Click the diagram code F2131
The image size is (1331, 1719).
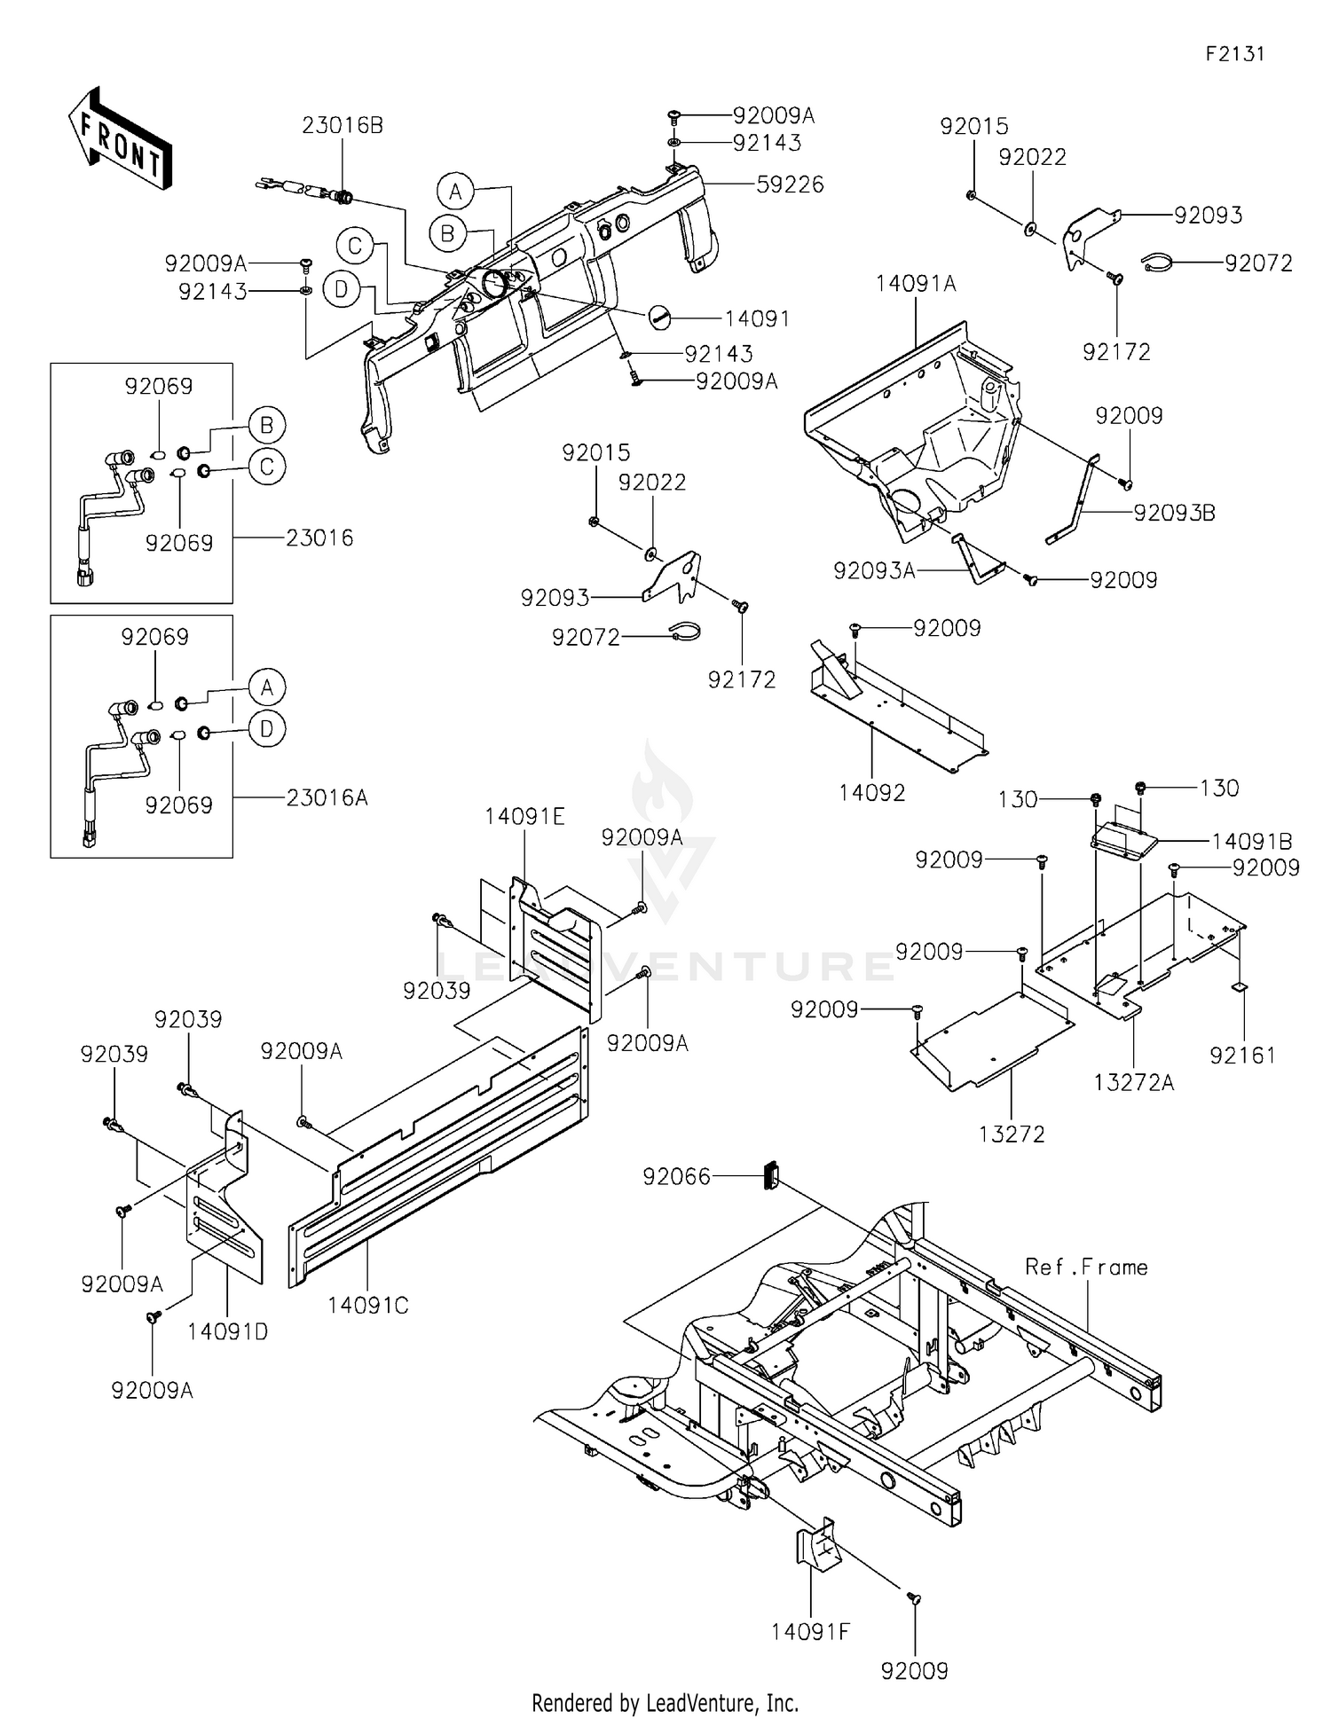coord(1234,54)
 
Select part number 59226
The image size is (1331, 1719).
coord(790,184)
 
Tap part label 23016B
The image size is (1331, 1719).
coord(342,126)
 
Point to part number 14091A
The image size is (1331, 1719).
coord(915,284)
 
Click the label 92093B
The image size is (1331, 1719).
coord(1173,513)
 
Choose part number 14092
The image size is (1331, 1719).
coord(871,792)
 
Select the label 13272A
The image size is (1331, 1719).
coord(1133,1082)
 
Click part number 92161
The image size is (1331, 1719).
coord(1242,1055)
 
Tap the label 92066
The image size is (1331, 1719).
coord(676,1176)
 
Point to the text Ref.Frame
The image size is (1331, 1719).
coord(1086,1268)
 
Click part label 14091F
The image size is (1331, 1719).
coord(810,1631)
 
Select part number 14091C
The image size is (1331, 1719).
coord(367,1306)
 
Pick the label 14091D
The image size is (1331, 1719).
coord(227,1331)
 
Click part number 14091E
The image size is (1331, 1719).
coord(524,816)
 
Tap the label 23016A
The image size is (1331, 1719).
coord(327,797)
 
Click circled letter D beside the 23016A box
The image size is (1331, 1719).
coord(267,729)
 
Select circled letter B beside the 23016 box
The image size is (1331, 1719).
coord(267,425)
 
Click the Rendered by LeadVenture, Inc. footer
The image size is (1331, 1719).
coord(665,1702)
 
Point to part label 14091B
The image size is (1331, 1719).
coord(1251,841)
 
